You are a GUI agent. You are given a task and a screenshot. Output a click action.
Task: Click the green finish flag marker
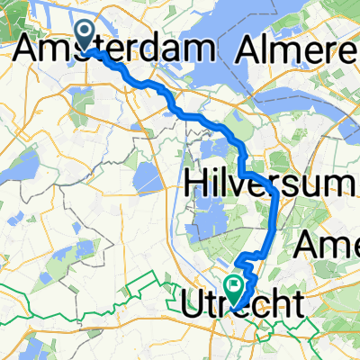coord(235,287)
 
